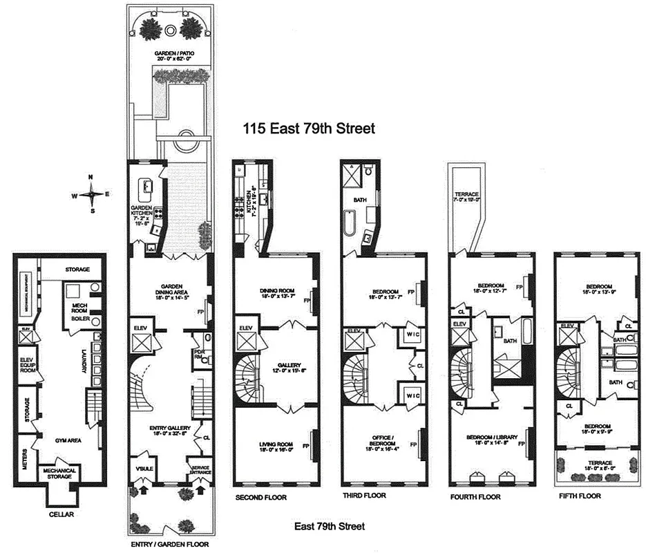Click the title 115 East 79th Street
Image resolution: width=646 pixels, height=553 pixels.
pyautogui.click(x=308, y=129)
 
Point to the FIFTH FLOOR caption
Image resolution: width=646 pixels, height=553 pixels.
pyautogui.click(x=581, y=496)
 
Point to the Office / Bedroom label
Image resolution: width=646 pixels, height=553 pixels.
pyautogui.click(x=383, y=441)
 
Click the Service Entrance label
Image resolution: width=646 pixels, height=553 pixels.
pyautogui.click(x=200, y=469)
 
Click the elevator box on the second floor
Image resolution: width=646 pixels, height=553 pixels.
pyautogui.click(x=246, y=342)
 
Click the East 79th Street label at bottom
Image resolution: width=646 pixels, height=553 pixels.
pyautogui.click(x=329, y=527)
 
